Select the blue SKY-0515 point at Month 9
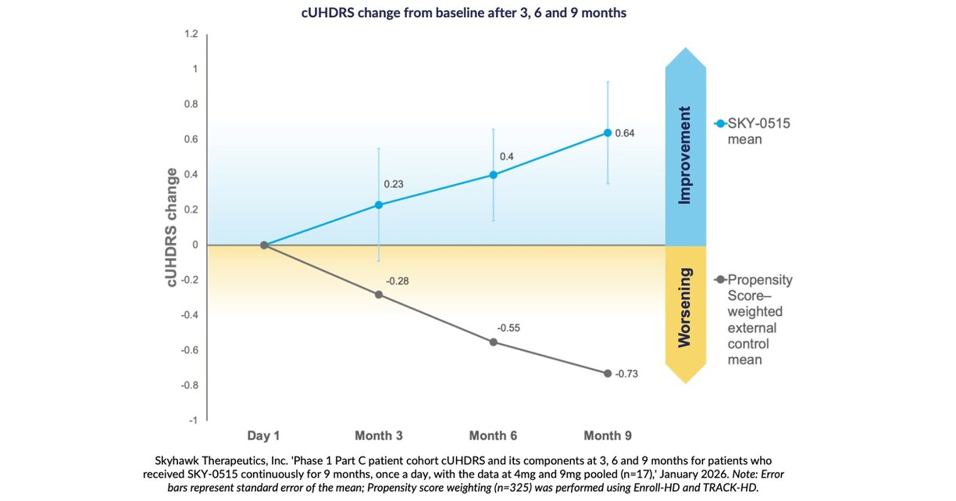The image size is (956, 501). click(x=608, y=133)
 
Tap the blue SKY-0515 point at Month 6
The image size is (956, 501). click(x=493, y=175)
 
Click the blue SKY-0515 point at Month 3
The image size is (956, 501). click(x=379, y=205)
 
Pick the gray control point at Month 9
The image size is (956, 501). click(x=608, y=373)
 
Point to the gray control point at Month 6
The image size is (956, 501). click(x=493, y=342)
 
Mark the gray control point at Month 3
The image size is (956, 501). click(x=379, y=295)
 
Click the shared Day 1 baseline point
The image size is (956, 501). click(x=265, y=245)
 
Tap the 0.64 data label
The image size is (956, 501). click(x=625, y=133)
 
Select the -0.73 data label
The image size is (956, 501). click(x=626, y=374)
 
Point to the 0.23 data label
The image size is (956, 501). click(x=394, y=184)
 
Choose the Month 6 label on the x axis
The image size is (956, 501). click(x=493, y=435)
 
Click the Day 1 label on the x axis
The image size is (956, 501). click(x=264, y=435)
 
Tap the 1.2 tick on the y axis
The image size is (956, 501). click(x=191, y=34)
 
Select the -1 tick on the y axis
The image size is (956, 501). click(x=192, y=420)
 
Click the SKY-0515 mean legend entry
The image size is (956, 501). click(x=754, y=131)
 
